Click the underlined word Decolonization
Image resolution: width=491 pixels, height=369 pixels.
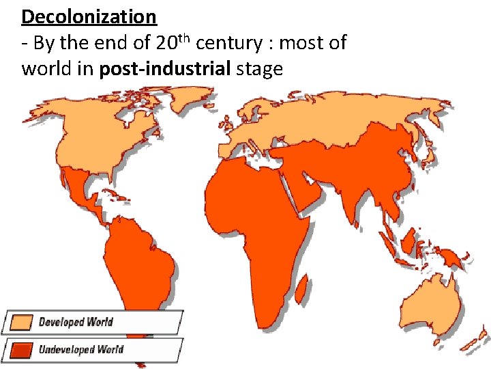[x=89, y=16]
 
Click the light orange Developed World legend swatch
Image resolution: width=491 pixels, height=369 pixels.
[x=19, y=323]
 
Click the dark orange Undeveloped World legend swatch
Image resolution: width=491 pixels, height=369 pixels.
[x=19, y=350]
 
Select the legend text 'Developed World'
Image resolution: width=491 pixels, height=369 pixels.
[x=76, y=322]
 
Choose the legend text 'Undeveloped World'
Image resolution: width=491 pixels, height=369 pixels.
[x=81, y=349]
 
